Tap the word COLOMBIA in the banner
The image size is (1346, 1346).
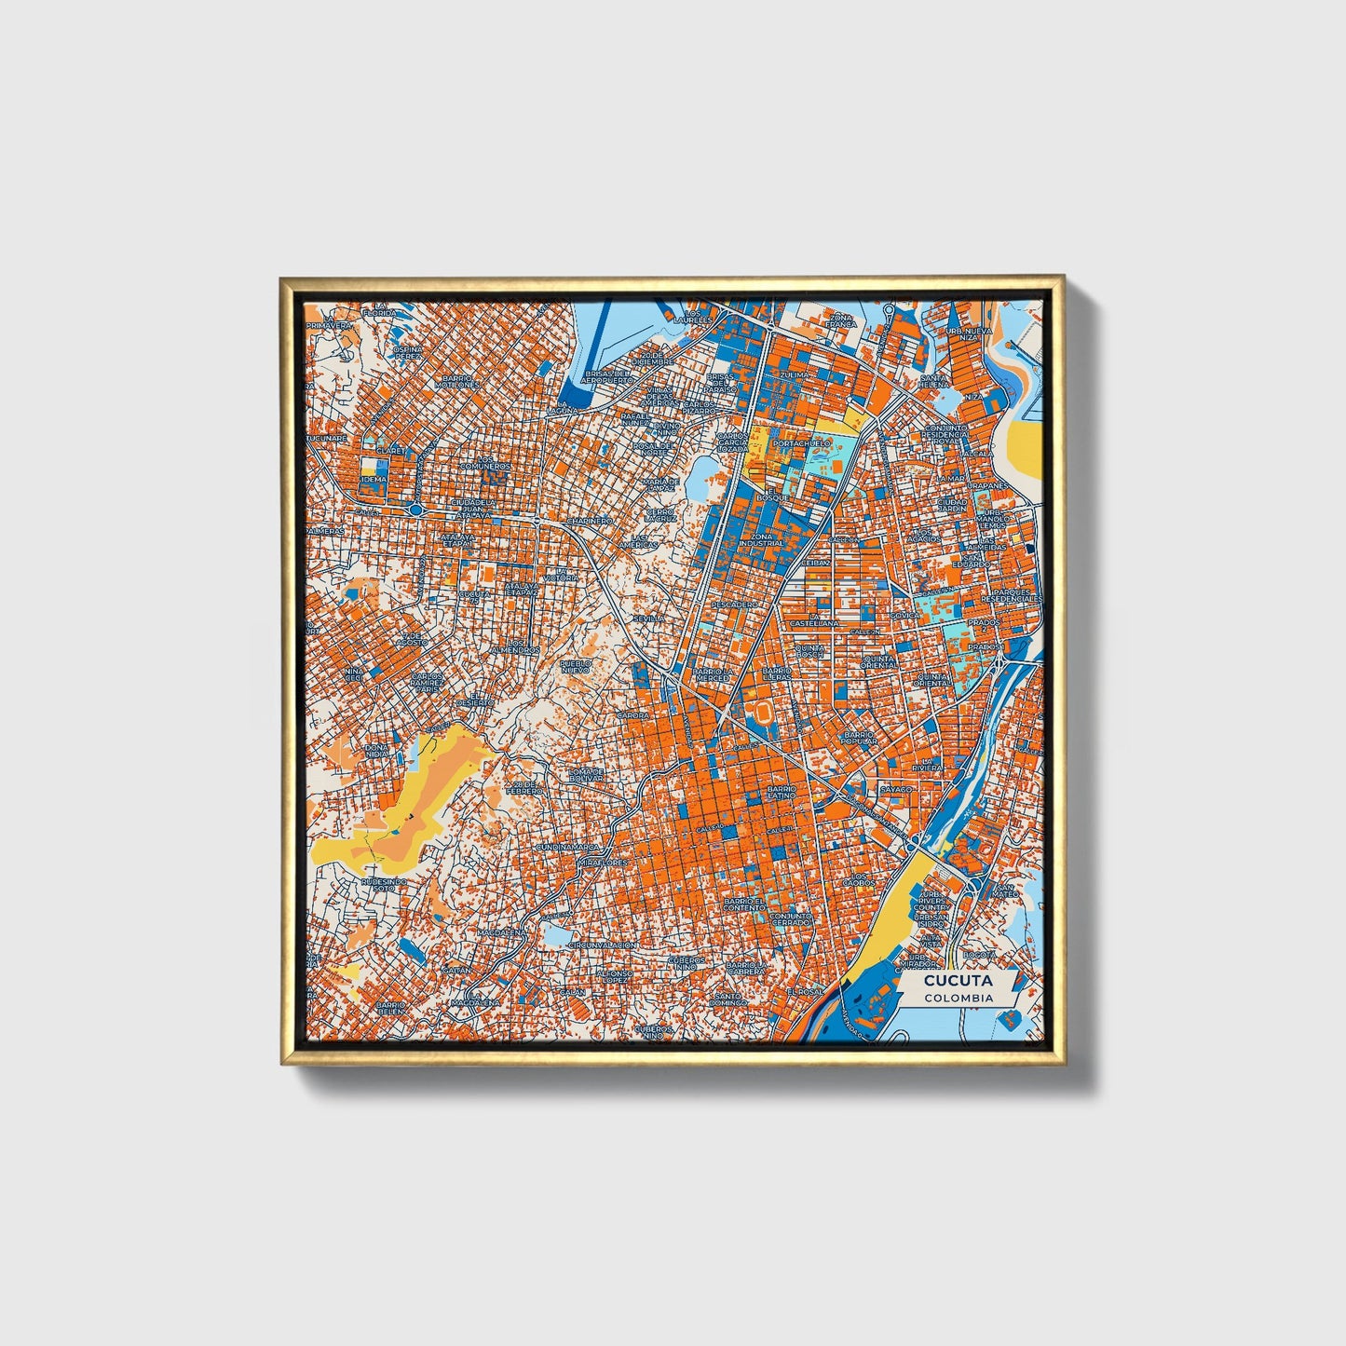tap(959, 998)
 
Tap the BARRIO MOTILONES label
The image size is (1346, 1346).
tap(460, 381)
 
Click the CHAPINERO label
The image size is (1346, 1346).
tap(589, 521)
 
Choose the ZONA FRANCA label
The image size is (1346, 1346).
tap(840, 321)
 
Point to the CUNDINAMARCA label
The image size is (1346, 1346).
tap(571, 848)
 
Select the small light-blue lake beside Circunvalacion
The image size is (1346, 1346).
tap(556, 933)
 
